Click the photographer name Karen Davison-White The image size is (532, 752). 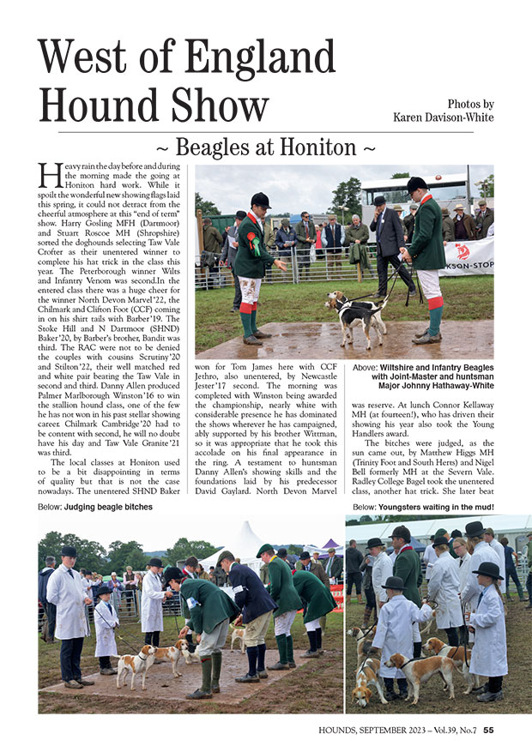[443, 117]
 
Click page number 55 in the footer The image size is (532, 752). [488, 731]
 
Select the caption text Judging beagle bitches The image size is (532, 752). [108, 507]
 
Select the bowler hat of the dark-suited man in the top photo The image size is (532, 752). [379, 200]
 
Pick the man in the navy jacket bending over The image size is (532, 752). [251, 605]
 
